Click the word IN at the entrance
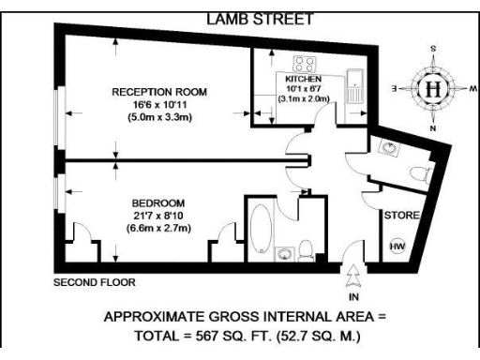tap(352, 292)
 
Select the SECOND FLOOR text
tap(95, 281)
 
